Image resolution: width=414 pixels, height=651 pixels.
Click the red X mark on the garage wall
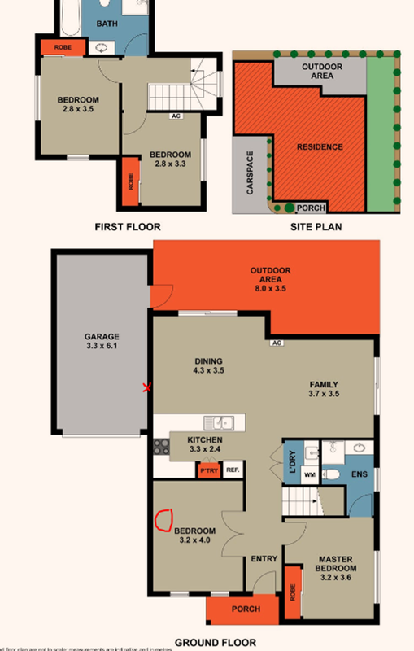pyautogui.click(x=147, y=387)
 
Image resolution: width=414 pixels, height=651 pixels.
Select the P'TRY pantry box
pyautogui.click(x=208, y=470)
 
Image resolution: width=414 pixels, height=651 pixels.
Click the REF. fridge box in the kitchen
pyautogui.click(x=232, y=470)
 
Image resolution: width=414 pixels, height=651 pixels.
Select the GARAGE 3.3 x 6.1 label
pyautogui.click(x=102, y=341)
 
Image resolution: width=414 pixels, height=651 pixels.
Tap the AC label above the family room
pyautogui.click(x=277, y=343)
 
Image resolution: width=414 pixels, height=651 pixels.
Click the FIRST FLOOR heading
pyautogui.click(x=127, y=227)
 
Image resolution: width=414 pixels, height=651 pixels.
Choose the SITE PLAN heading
pyautogui.click(x=315, y=227)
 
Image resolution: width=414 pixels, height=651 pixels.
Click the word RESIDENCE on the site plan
pyautogui.click(x=319, y=147)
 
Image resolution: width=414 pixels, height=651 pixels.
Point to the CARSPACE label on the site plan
pyautogui.click(x=251, y=172)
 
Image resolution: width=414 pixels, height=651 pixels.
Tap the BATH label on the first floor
pyautogui.click(x=107, y=24)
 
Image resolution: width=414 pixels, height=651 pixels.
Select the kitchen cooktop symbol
pyautogui.click(x=159, y=447)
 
